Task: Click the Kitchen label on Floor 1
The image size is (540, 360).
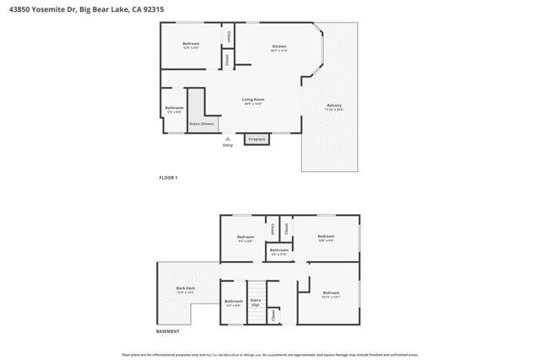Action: pyautogui.click(x=279, y=46)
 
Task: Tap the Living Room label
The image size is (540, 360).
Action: pyautogui.click(x=253, y=99)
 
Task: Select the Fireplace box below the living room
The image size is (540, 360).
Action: pyautogui.click(x=256, y=139)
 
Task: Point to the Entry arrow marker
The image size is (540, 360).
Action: pyautogui.click(x=226, y=138)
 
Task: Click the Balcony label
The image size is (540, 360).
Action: pyautogui.click(x=334, y=105)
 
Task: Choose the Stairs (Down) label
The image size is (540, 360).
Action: pyautogui.click(x=201, y=123)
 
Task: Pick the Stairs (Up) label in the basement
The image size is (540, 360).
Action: pyautogui.click(x=256, y=301)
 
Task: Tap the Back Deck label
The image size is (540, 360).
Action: pyautogui.click(x=186, y=288)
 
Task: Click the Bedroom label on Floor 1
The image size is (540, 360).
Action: pyautogui.click(x=192, y=44)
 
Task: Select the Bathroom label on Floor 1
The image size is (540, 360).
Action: pyautogui.click(x=175, y=108)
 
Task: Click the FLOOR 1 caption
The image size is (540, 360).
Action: pyautogui.click(x=169, y=178)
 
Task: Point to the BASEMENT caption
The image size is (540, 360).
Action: pyautogui.click(x=144, y=331)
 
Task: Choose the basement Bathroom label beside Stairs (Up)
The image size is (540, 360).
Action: pyautogui.click(x=233, y=301)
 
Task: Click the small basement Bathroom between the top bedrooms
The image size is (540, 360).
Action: pyautogui.click(x=279, y=250)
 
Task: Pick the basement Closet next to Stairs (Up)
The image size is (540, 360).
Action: pyautogui.click(x=273, y=314)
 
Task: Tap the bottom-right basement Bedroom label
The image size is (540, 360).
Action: pyautogui.click(x=331, y=294)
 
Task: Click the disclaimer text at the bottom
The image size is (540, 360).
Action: pyautogui.click(x=270, y=355)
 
